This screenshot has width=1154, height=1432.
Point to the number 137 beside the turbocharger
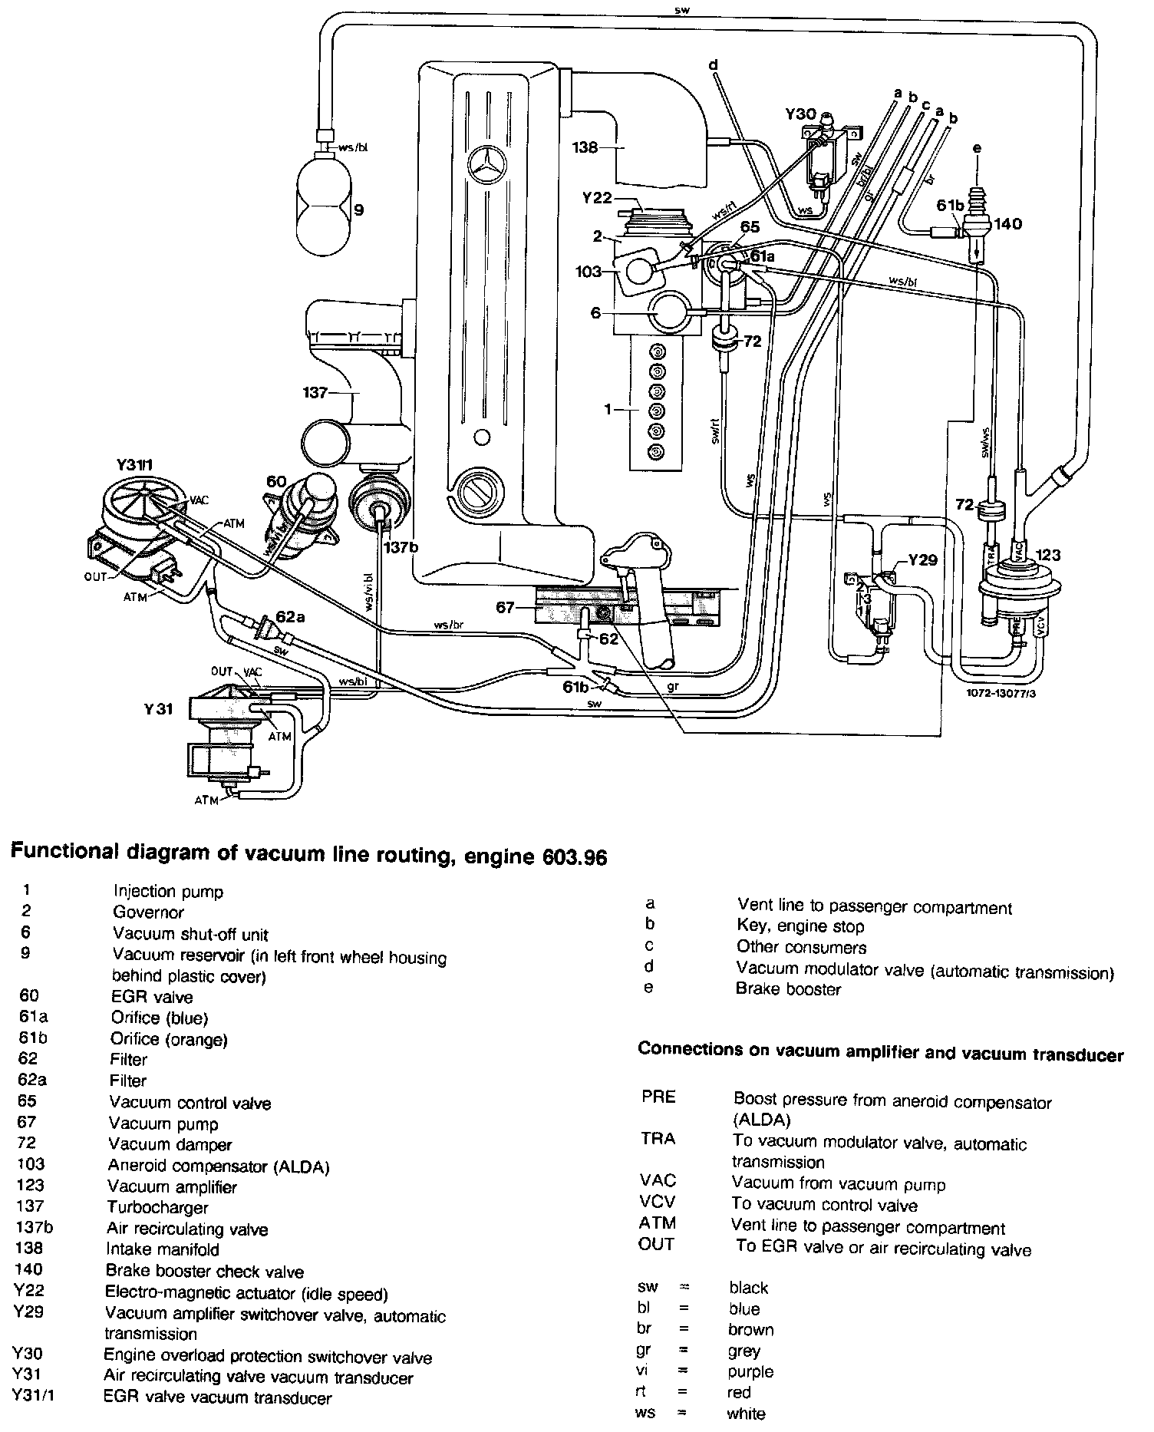tap(316, 393)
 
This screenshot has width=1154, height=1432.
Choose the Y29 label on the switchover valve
tap(923, 560)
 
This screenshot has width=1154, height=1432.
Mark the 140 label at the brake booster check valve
tap(1008, 225)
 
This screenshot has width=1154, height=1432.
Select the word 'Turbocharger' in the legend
tap(157, 1207)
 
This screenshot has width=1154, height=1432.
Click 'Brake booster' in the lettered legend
tap(788, 989)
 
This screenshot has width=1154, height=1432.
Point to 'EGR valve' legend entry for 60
tap(153, 998)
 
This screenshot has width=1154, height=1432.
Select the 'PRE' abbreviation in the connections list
tap(658, 1097)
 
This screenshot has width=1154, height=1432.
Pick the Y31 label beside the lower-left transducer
tap(158, 709)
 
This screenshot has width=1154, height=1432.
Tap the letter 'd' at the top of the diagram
tap(713, 66)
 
